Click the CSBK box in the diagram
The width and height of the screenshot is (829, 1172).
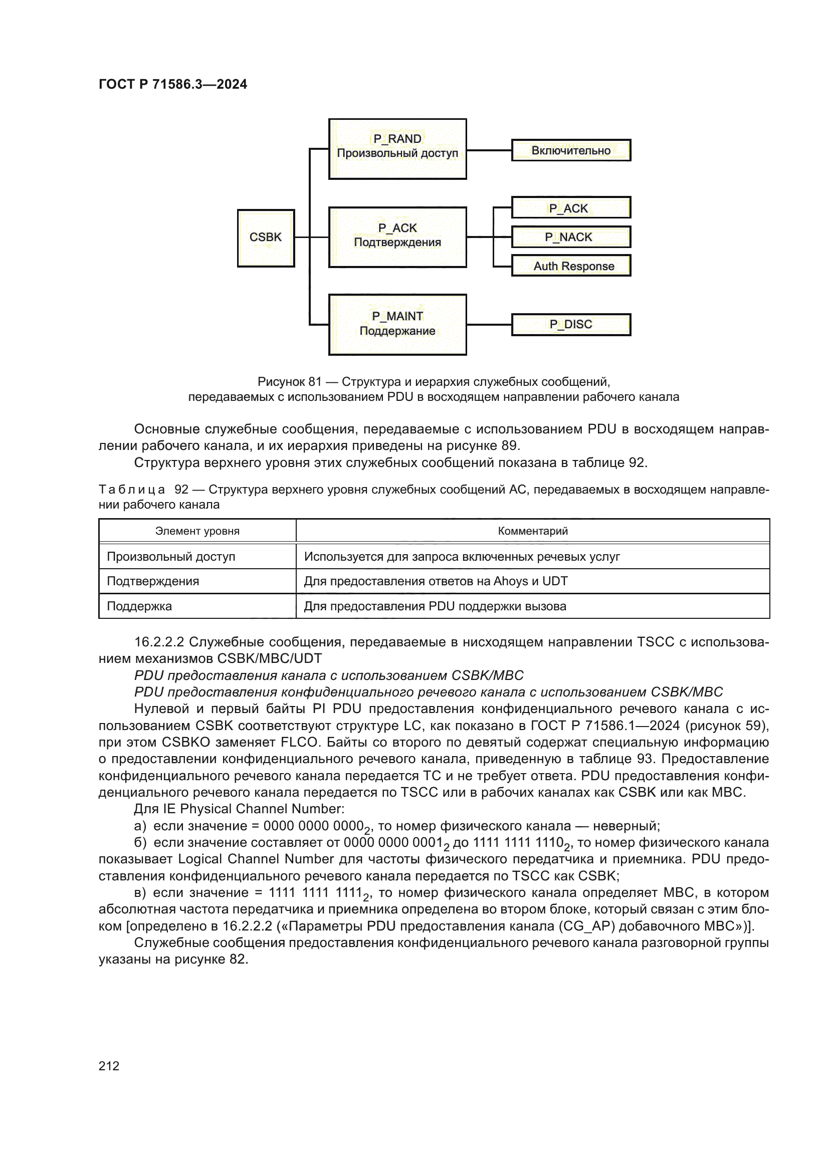click(266, 238)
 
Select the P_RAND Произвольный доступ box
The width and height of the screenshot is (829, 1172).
click(397, 148)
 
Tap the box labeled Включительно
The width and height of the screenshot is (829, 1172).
click(571, 151)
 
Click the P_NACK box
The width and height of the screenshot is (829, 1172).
click(571, 237)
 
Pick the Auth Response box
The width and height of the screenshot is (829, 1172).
click(571, 266)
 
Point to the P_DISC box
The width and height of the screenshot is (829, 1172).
click(571, 324)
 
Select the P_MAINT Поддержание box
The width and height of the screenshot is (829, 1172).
click(397, 324)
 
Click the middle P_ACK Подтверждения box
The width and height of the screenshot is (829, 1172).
click(397, 237)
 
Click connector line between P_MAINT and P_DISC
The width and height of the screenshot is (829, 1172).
click(489, 324)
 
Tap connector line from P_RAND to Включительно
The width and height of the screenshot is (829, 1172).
click(489, 151)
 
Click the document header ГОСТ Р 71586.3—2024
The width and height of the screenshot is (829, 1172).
click(172, 84)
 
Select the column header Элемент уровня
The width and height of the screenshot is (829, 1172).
click(197, 531)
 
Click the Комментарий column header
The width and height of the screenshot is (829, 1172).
click(532, 531)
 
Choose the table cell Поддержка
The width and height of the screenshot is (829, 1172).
click(139, 606)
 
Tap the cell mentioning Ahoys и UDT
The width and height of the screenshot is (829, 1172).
click(436, 581)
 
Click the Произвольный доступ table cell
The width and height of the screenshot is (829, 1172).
click(171, 556)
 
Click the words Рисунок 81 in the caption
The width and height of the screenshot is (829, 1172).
click(289, 382)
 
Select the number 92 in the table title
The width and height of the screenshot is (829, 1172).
click(181, 490)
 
